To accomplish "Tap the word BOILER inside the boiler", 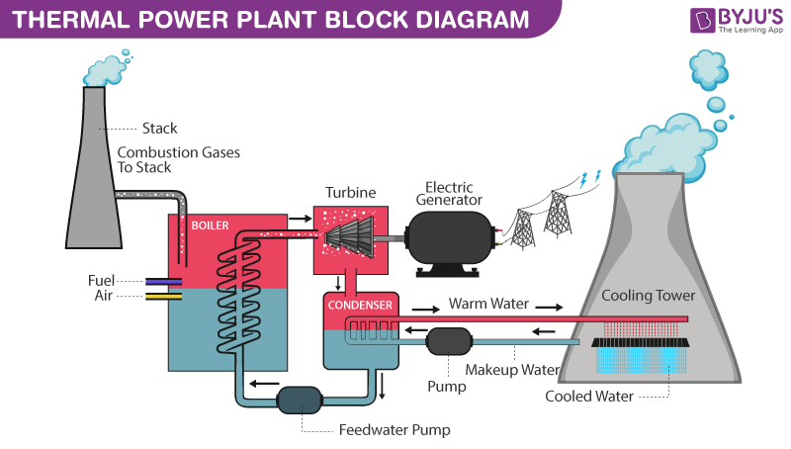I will (x=210, y=225).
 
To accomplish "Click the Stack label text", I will (x=160, y=129).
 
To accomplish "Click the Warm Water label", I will (x=488, y=304).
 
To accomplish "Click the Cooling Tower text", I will (x=649, y=296).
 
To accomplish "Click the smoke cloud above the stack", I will (x=107, y=68).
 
